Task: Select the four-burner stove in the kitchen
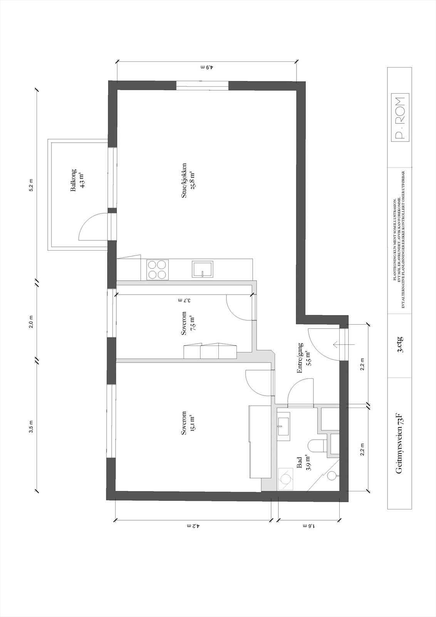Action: [x=158, y=269]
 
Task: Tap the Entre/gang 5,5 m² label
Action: [x=304, y=358]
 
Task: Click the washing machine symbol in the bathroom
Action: [x=285, y=479]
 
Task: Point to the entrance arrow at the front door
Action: [x=344, y=344]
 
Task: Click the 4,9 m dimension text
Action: [x=206, y=67]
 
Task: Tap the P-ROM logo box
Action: [x=400, y=118]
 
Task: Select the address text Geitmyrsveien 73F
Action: [x=401, y=444]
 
